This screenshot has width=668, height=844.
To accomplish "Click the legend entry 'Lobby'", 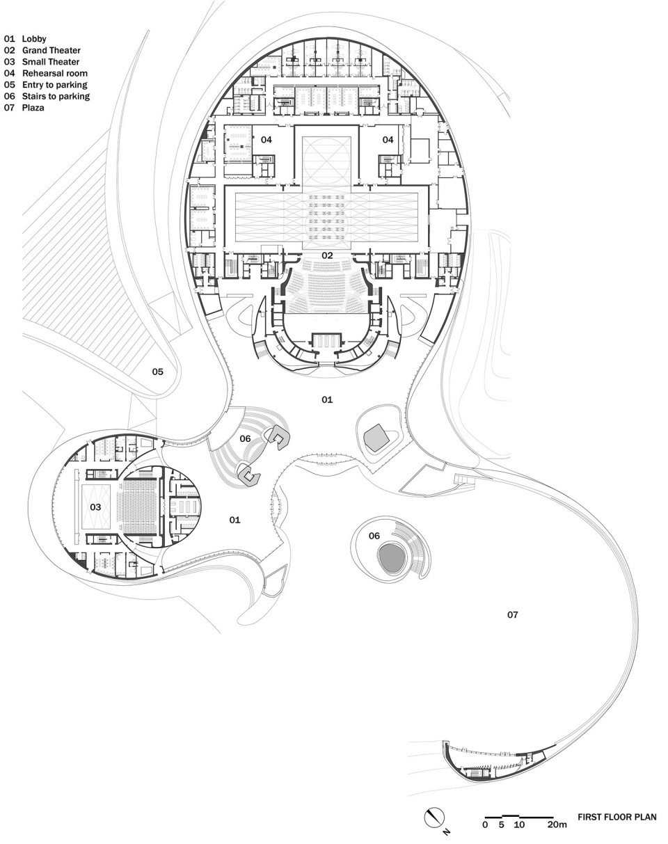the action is tap(34, 39).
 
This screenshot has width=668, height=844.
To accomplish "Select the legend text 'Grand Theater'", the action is tap(51, 50).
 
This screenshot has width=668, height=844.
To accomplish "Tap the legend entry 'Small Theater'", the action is tap(51, 61).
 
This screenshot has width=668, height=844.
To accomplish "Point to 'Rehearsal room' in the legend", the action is tap(55, 73).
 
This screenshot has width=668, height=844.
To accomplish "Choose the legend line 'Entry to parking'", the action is tap(54, 85).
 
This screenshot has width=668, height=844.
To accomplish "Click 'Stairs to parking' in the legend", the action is tap(56, 96).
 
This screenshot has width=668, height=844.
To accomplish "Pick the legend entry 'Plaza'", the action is tap(33, 108).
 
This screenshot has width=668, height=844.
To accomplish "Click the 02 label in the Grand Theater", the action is tap(327, 256).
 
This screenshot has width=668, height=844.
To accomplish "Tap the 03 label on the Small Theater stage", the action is tap(96, 507).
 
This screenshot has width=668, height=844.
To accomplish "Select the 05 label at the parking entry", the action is tap(158, 372).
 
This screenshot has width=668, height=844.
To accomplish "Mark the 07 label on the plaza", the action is tap(513, 614).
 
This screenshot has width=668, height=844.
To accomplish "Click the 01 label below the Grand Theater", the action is tap(327, 399).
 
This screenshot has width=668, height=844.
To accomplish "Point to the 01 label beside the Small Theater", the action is tap(234, 520).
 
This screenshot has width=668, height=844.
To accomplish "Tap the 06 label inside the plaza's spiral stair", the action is tap(374, 536).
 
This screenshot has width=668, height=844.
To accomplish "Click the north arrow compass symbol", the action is tap(435, 817).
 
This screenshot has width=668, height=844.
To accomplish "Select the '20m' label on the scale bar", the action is tap(557, 825).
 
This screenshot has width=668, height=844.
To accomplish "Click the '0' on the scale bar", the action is tap(485, 825).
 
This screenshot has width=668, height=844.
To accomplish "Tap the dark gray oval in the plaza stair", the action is tap(390, 559).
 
